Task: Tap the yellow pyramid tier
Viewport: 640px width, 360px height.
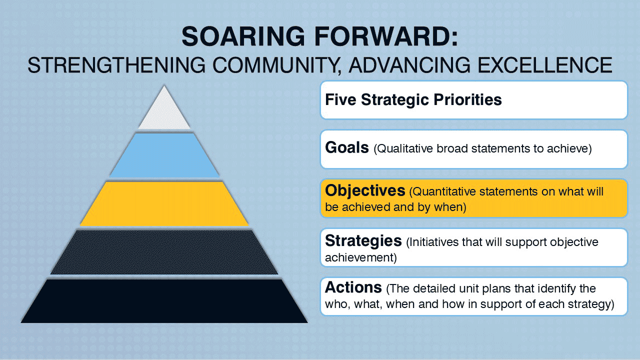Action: tap(164, 203)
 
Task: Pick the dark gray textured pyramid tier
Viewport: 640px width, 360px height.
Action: tap(164, 252)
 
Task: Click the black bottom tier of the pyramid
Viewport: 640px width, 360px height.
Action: tap(164, 301)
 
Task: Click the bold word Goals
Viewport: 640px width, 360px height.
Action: tap(347, 148)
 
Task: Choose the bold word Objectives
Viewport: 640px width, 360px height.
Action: tap(365, 191)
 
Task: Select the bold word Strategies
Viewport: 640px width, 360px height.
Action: tap(363, 241)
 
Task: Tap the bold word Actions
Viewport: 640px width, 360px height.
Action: tap(353, 287)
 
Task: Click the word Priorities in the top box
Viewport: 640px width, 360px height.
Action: tap(463, 99)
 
